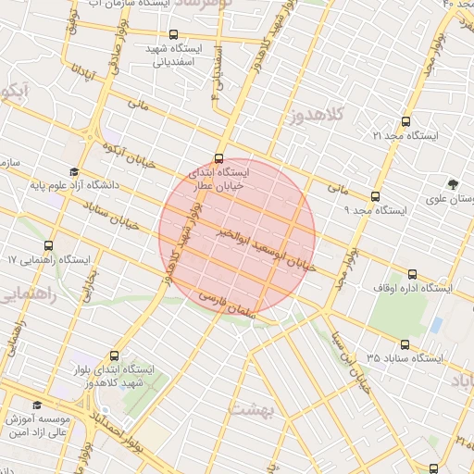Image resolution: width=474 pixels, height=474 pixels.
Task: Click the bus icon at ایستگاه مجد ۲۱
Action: click(x=405, y=120)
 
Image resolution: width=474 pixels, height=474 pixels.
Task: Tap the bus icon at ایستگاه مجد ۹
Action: click(x=374, y=196)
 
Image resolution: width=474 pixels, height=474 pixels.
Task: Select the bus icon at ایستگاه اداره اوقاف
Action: click(x=412, y=273)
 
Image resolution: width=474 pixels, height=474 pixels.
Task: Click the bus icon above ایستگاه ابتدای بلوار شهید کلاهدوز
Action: click(x=115, y=355)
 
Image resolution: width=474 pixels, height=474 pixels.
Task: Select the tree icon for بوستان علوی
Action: click(x=452, y=183)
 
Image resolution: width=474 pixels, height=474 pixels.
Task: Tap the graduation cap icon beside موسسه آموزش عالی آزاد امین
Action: click(x=37, y=405)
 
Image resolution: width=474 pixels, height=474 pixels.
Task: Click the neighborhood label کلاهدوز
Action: click(x=318, y=117)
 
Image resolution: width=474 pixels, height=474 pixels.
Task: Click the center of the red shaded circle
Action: click(x=237, y=237)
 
